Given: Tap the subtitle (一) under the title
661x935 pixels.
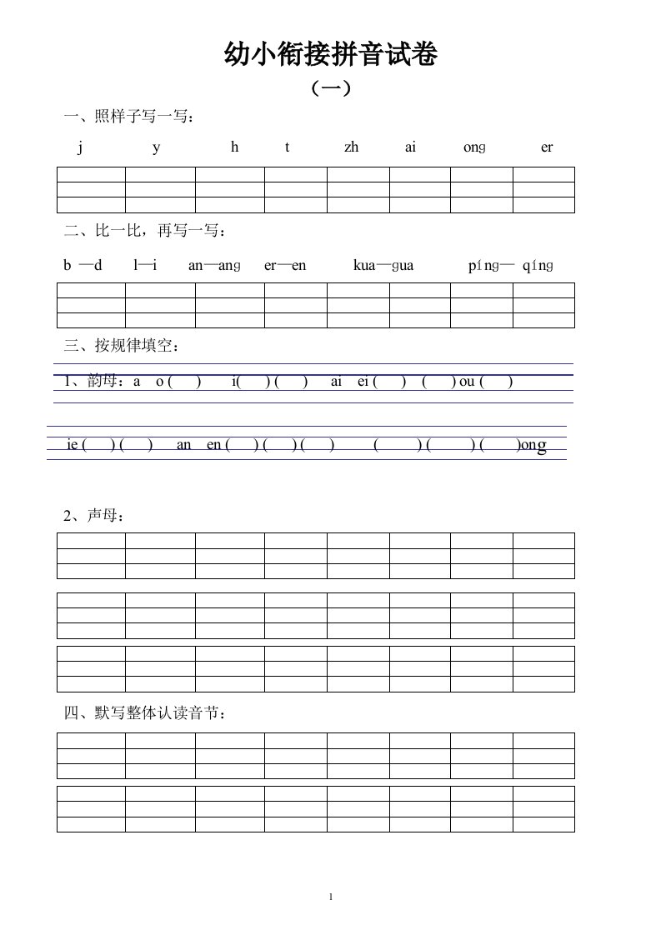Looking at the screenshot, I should tap(330, 88).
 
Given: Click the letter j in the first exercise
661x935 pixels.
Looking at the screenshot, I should tap(81, 147).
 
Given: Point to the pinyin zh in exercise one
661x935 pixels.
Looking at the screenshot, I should tap(351, 147).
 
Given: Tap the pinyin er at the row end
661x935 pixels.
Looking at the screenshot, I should tap(547, 147).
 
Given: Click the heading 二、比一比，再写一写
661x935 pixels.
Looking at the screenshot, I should tap(145, 230).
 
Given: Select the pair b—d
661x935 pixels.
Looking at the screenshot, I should tap(83, 265).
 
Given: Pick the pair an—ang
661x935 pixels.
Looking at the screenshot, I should tap(214, 265).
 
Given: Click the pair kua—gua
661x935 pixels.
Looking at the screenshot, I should tap(383, 265).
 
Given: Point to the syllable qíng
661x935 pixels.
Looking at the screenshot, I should tap(538, 265).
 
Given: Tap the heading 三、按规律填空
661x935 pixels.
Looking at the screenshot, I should tap(122, 344).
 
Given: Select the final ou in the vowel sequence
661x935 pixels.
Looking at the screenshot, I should tap(467, 382).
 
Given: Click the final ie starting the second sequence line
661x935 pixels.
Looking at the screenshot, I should tap(73, 445).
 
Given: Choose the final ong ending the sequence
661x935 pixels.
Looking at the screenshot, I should tap(533, 446).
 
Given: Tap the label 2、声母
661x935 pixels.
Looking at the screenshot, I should tap(94, 516).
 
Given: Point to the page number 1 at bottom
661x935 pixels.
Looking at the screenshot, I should tap(331, 897).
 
